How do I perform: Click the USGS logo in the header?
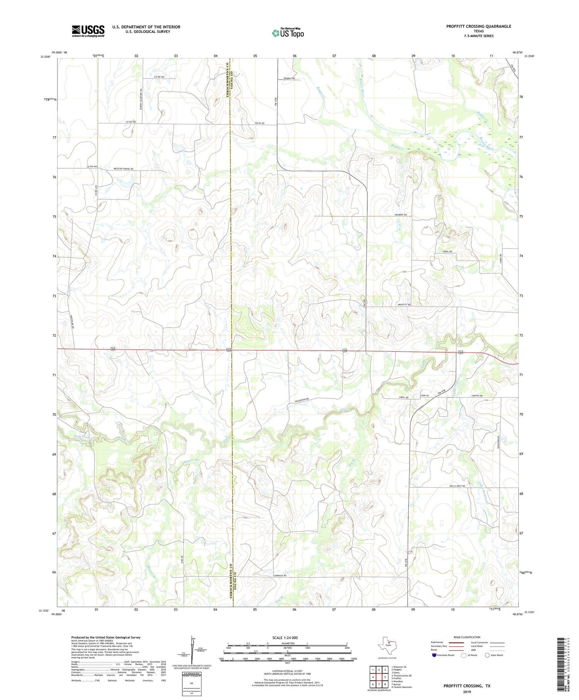[x=88, y=31]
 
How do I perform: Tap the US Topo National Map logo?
[x=287, y=33]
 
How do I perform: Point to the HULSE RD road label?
[x=259, y=123]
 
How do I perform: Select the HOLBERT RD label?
[x=400, y=215]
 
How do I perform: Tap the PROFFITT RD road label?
[x=404, y=305]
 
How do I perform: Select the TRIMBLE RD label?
[x=289, y=78]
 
